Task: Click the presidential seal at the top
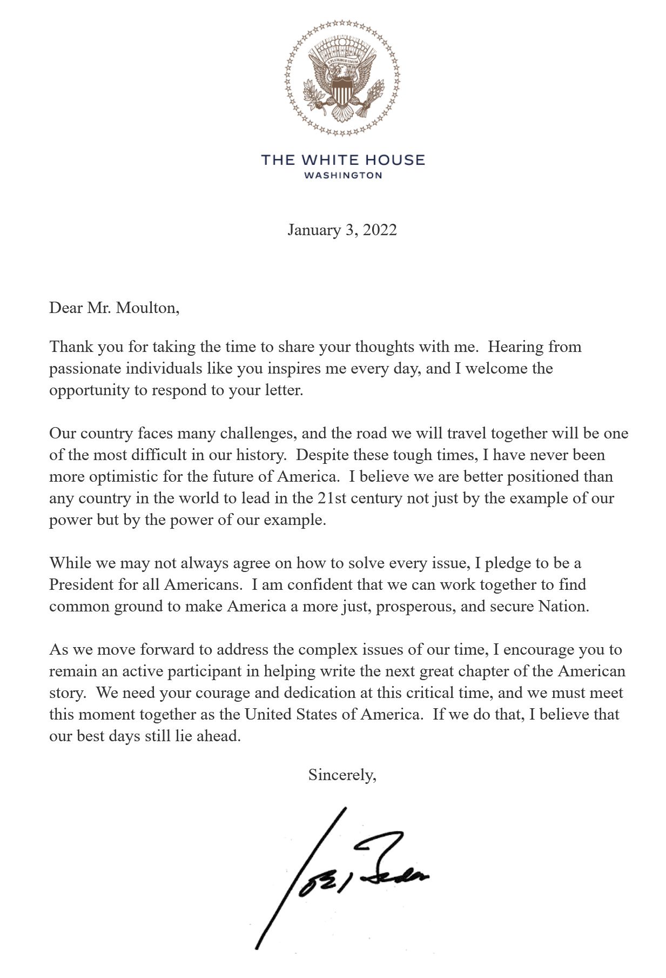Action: click(x=342, y=78)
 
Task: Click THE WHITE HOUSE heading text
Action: click(x=342, y=160)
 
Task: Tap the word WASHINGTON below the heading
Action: click(x=342, y=175)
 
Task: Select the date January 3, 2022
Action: click(x=342, y=230)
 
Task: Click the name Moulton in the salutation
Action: click(x=146, y=308)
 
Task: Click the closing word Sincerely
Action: click(x=341, y=775)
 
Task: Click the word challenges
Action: click(x=256, y=434)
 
